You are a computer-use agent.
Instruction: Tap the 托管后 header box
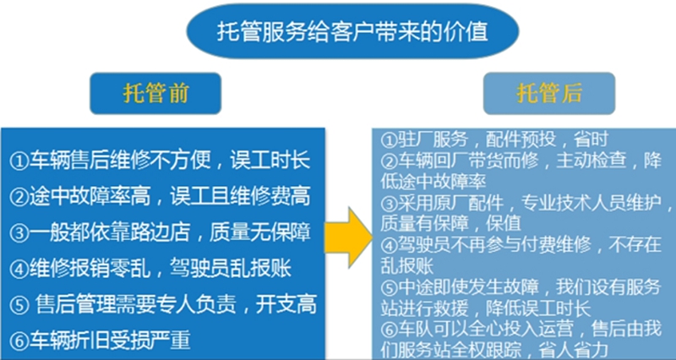pos(549,93)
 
